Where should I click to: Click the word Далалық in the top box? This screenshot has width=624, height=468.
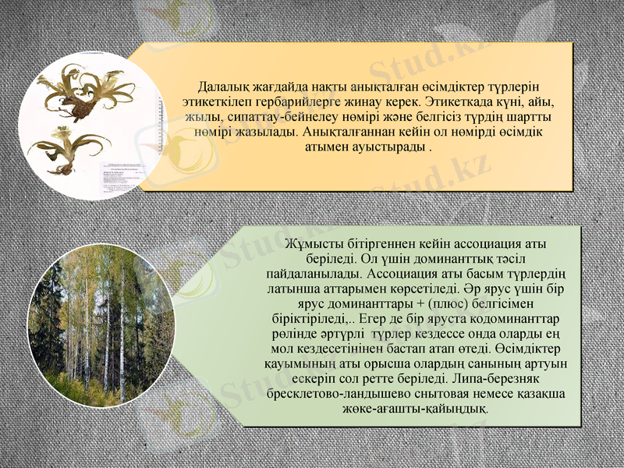coord(222,86)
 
